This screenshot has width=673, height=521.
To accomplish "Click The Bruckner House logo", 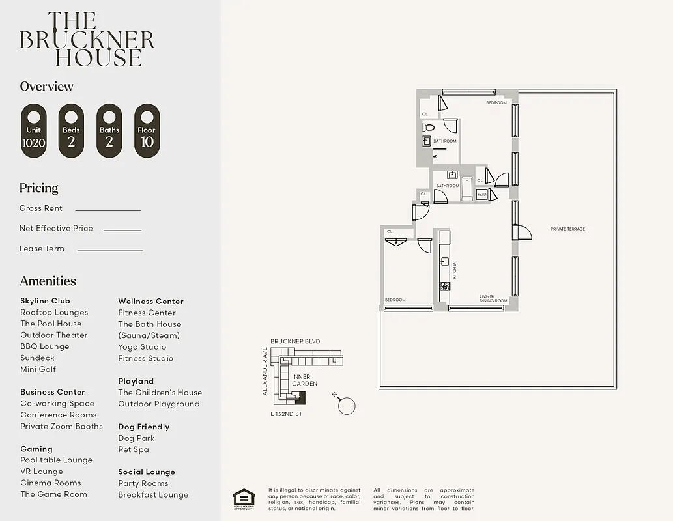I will pyautogui.click(x=87, y=39).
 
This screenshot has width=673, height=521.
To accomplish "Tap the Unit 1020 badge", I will pyautogui.click(x=34, y=130).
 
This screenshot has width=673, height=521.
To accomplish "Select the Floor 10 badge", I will pyautogui.click(x=147, y=130).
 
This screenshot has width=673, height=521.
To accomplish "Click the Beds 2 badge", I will pyautogui.click(x=72, y=130).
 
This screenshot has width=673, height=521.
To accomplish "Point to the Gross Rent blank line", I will pyautogui.click(x=107, y=210).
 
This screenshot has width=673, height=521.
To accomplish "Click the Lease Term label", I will pyautogui.click(x=42, y=249).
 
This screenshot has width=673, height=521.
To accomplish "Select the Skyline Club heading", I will pyautogui.click(x=45, y=301).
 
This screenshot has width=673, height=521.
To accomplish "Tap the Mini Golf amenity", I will pyautogui.click(x=38, y=369).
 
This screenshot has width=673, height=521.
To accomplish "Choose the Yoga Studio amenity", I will pyautogui.click(x=142, y=347).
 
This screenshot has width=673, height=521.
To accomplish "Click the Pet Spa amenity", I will pyautogui.click(x=134, y=449).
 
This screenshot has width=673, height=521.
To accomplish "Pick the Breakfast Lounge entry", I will pyautogui.click(x=153, y=495).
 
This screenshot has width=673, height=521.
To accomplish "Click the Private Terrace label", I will pyautogui.click(x=567, y=229).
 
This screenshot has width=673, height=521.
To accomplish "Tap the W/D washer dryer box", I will pyautogui.click(x=482, y=194).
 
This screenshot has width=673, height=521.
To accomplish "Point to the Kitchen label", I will pyautogui.click(x=455, y=270).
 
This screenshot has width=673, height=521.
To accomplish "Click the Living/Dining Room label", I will pyautogui.click(x=493, y=298).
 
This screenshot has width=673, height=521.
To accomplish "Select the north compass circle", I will pyautogui.click(x=347, y=406).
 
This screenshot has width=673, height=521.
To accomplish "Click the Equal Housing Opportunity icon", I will pyautogui.click(x=244, y=498).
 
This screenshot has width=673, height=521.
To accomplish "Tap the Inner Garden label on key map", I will pyautogui.click(x=304, y=380).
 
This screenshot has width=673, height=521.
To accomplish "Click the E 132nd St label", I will pyautogui.click(x=286, y=414).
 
